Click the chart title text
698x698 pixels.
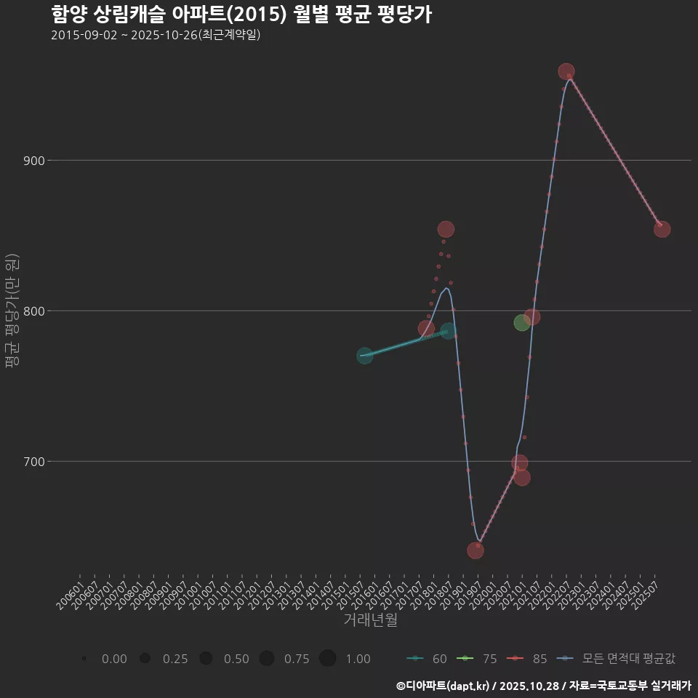coord(241,14)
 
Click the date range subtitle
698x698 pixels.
coord(156,35)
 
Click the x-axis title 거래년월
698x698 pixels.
coord(370,620)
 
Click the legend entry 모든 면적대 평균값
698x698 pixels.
coord(618,659)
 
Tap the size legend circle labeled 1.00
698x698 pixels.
coord(327,659)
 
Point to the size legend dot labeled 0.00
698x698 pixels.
coord(85,659)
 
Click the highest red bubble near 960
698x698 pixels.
coord(566,72)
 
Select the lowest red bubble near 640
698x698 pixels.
coord(476,550)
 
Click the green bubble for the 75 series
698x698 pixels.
coord(522,323)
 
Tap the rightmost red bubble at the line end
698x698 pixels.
coord(662,229)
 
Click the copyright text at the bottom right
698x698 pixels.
coord(544,686)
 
